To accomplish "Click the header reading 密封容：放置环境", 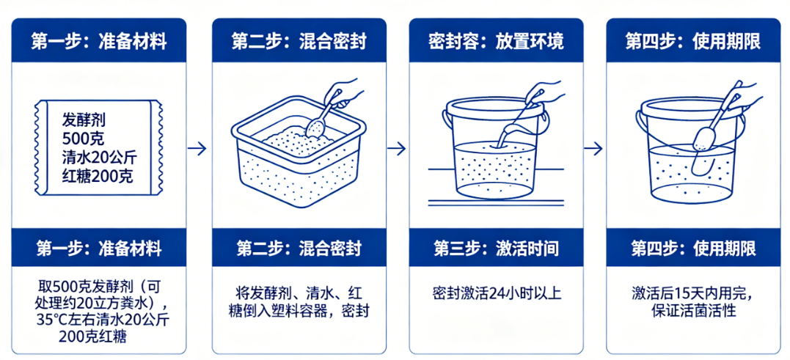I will [496, 40].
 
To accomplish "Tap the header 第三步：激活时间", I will [496, 249].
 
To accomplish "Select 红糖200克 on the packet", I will [98, 176].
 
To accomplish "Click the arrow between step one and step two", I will [197, 148].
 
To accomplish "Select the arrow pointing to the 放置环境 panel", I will [396, 148].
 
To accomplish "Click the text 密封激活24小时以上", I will [496, 293].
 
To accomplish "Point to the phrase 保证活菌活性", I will [692, 311].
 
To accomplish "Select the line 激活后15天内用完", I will [692, 293].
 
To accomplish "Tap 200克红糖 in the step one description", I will [98, 337].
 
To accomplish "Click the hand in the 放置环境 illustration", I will [550, 93].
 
